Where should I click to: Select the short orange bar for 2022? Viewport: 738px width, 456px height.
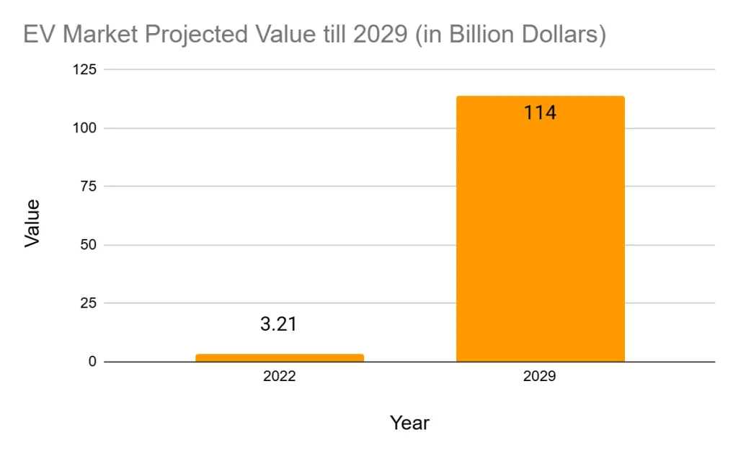(280, 357)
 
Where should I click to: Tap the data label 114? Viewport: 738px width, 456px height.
(540, 113)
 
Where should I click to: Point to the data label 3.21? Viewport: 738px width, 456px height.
(279, 324)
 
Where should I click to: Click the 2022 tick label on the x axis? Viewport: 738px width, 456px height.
(280, 377)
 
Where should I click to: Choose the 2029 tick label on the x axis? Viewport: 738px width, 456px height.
(540, 377)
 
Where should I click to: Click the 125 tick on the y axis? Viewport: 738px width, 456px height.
(86, 70)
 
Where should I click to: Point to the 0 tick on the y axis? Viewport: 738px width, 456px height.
(92, 362)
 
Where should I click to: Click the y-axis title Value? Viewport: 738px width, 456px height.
(32, 223)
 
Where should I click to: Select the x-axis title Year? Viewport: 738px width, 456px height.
(409, 423)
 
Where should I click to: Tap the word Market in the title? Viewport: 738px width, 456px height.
(97, 35)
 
